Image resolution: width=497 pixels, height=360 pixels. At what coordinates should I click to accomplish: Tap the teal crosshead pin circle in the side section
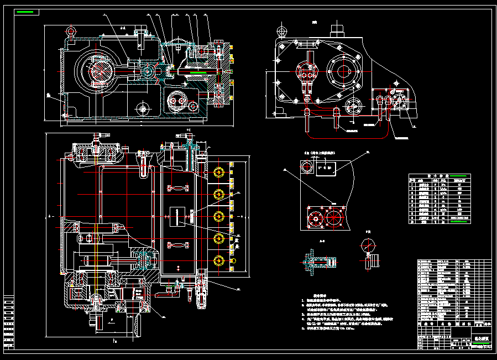pos(148,71)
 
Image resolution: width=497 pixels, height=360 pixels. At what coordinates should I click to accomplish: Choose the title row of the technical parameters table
pos(440,178)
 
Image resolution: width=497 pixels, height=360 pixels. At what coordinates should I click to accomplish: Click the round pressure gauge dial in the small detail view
pos(368,246)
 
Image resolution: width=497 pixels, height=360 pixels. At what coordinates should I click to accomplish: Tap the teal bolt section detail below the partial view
pos(316,262)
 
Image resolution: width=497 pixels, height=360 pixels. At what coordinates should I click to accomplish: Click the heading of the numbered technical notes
pos(322,296)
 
